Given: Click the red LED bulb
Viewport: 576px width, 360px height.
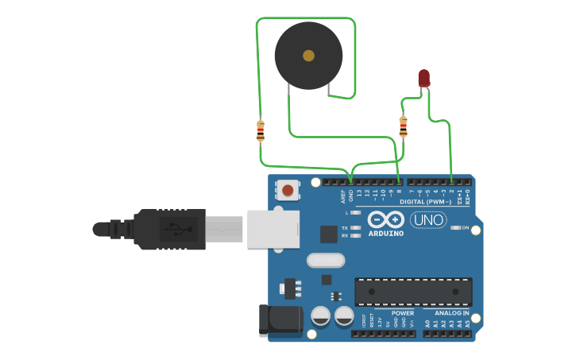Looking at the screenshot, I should tap(424, 78).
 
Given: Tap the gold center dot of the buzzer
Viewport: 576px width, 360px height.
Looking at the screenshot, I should tap(308, 56).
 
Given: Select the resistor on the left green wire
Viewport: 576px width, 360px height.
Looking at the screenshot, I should tap(261, 130).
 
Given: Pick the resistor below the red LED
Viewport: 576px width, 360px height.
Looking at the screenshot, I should tap(403, 126).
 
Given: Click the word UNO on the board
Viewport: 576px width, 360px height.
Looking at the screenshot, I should tap(428, 219).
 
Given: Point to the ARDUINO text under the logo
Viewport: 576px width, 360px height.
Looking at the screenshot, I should tap(385, 234).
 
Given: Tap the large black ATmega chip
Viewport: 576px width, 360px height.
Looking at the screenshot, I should tap(413, 292).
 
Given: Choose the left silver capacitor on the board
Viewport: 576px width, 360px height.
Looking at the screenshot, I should tap(321, 315).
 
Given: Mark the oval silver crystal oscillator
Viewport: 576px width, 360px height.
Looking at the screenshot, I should tap(326, 260).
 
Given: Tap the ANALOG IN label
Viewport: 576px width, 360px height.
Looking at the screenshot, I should tap(451, 313).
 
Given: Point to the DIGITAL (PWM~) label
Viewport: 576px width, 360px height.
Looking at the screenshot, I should tap(428, 202).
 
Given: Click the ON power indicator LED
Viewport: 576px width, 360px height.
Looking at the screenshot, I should tap(454, 228).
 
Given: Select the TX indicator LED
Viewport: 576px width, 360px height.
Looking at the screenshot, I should tap(356, 227).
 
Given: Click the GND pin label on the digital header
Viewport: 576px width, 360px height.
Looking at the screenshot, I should tap(350, 193).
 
